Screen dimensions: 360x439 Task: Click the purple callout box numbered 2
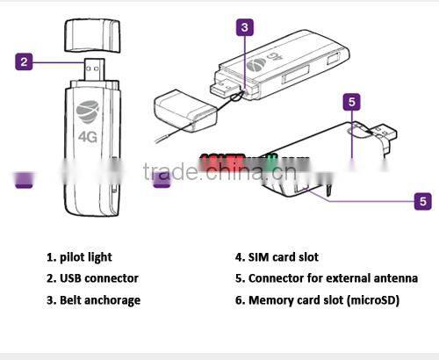pos(25,61)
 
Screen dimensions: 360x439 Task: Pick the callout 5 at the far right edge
pos(423,201)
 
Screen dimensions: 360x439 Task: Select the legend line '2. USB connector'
pos(93,278)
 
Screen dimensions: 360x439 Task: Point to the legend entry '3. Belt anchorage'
pos(93,300)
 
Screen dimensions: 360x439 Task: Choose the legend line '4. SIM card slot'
pos(277,257)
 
